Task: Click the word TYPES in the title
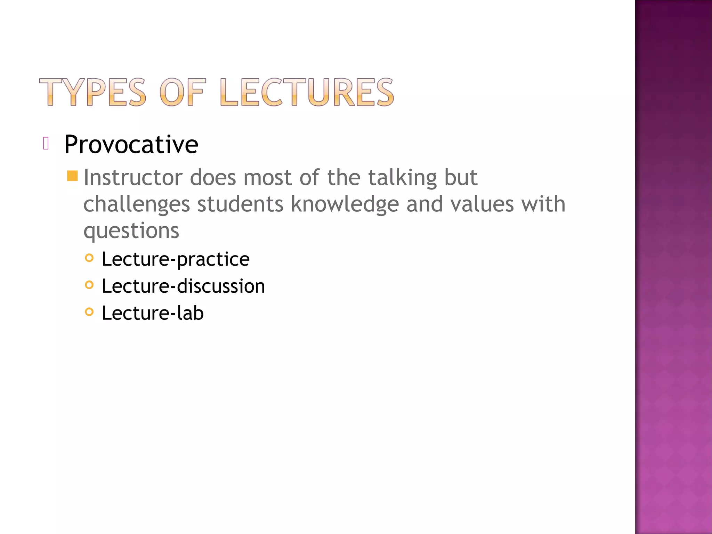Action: click(x=92, y=92)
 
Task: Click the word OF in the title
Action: click(x=183, y=92)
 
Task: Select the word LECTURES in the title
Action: click(x=307, y=92)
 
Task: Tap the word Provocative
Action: click(x=131, y=144)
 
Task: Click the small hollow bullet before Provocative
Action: click(x=46, y=143)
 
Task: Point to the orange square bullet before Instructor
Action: click(x=72, y=176)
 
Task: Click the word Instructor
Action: click(x=133, y=178)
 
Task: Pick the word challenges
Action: click(x=137, y=204)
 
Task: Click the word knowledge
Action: click(x=345, y=204)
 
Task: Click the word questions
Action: click(x=131, y=231)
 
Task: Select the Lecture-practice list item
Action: click(x=176, y=259)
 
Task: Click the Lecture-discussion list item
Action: click(x=183, y=286)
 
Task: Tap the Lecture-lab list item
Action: click(x=153, y=313)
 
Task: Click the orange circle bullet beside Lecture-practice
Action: click(x=89, y=258)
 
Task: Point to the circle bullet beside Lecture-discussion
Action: click(x=89, y=285)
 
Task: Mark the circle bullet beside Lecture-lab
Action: click(x=89, y=312)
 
